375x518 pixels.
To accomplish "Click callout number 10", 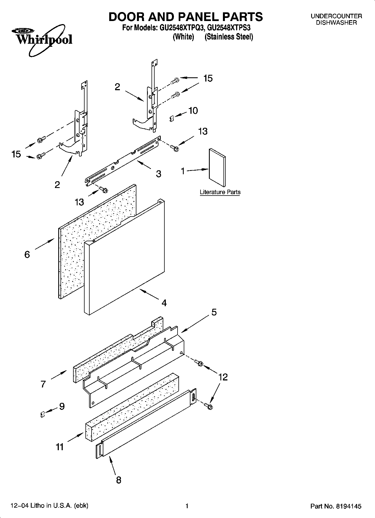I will tap(193, 111).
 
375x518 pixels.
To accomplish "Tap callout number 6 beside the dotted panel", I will tap(27, 254).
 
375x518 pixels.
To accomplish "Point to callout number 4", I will tap(164, 303).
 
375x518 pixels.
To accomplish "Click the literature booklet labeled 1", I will tap(217, 167).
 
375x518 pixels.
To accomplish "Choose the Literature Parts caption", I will tap(220, 192).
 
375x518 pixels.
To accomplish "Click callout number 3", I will tap(159, 174).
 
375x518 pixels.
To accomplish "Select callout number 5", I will tap(214, 312).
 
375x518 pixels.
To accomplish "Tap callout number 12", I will tap(223, 377).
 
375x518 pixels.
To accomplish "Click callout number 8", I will tap(119, 480).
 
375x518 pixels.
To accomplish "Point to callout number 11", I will tap(60, 447).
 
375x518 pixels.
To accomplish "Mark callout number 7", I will tap(43, 384).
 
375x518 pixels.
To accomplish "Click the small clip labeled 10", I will tap(172, 119).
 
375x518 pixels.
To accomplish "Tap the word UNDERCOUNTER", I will tap(336, 16).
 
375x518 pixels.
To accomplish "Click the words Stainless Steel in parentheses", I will tap(229, 37).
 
